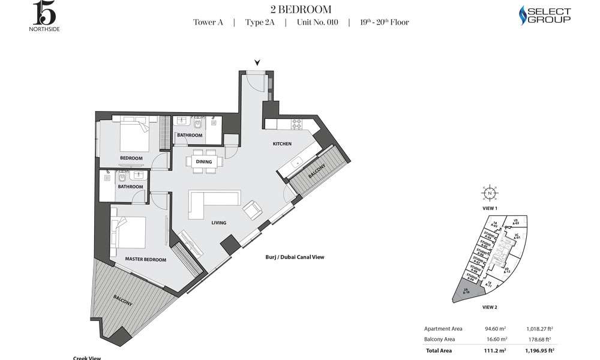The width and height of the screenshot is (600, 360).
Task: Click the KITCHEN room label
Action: point(282,144)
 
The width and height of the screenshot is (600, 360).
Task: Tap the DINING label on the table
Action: point(204,161)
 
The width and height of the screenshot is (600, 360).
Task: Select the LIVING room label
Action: point(218,223)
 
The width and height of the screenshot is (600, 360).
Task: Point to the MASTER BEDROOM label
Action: point(145,259)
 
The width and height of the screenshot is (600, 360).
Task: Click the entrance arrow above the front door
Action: point(257,62)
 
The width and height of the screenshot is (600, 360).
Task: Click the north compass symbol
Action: point(490,193)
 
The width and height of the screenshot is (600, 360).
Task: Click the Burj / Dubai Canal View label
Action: point(295,257)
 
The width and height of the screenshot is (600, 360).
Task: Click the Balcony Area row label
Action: point(442,339)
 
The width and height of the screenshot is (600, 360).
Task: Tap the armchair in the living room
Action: point(252,210)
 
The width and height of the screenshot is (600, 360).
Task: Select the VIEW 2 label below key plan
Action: point(490,307)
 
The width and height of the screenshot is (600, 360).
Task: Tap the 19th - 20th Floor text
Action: point(384,23)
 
